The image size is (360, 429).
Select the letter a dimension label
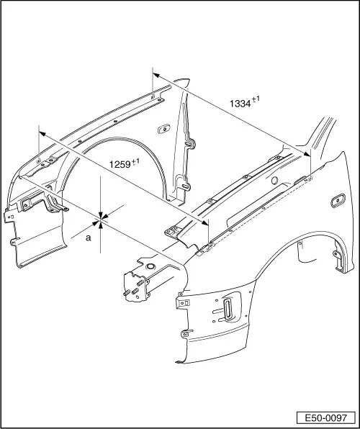[89, 237]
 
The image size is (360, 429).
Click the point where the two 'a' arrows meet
[102, 218]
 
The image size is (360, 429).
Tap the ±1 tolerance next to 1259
[135, 161]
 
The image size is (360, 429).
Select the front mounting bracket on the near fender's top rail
[171, 231]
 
